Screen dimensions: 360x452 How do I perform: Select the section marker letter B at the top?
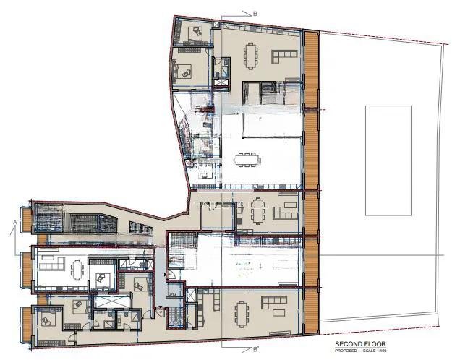click(x=255, y=13)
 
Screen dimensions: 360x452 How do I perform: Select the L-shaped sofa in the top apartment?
click(x=283, y=57)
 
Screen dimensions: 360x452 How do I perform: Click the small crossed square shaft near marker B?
click(x=216, y=24)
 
